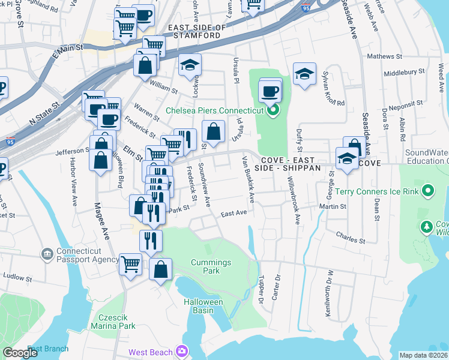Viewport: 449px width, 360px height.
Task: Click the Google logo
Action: tap(20, 353)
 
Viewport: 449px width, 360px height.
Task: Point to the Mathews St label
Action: tap(384, 56)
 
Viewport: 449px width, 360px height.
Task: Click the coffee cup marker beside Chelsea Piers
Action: tap(270, 92)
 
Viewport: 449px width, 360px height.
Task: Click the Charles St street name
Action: tap(351, 238)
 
